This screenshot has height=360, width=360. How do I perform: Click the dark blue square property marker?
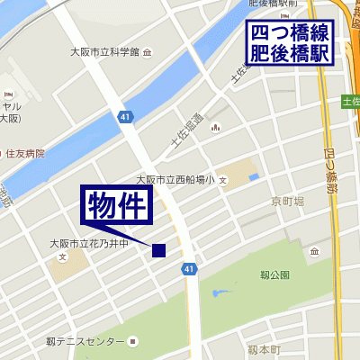point(159,251)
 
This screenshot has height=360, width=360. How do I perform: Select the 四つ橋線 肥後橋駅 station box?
point(290,43)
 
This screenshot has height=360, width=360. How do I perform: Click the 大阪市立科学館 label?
point(106,52)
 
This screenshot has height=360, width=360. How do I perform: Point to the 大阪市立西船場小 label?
point(175,179)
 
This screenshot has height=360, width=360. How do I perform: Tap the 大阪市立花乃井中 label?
point(90,244)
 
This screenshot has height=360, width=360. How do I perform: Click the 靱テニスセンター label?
point(85,342)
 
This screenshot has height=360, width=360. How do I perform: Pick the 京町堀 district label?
point(287,202)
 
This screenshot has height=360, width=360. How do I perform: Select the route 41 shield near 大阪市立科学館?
point(124,116)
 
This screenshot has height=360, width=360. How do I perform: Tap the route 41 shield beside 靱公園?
point(189,268)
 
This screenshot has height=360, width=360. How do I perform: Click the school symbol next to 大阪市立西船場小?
point(222,180)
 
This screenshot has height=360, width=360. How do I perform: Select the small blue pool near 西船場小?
point(253,175)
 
